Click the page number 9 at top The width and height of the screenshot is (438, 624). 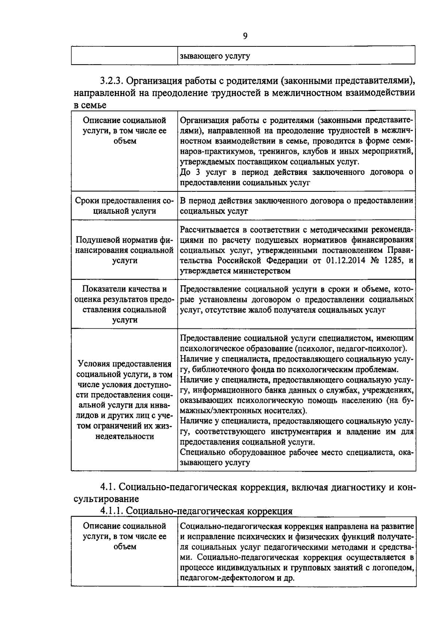245,36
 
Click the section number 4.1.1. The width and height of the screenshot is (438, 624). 112,511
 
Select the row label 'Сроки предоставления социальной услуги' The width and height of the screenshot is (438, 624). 124,206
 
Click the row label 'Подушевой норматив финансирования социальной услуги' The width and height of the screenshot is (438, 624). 124,250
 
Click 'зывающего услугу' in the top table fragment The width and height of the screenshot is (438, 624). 215,56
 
